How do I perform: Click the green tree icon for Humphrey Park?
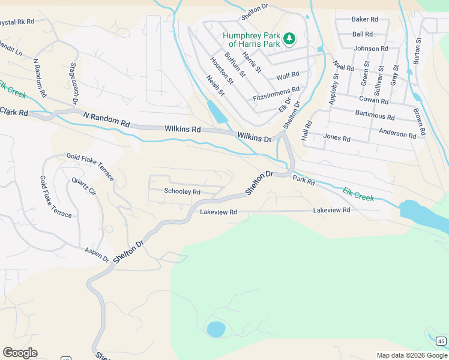290,39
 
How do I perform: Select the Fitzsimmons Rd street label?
276,93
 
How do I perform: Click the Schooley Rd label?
182,192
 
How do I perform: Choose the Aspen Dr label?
97,254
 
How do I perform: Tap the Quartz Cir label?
84,187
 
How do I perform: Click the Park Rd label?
304,181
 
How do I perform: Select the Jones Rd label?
337,138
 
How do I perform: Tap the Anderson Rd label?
397,133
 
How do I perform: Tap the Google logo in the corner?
20,353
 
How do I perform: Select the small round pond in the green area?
215,329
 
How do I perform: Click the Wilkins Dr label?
254,137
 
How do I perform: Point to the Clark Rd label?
14,112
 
